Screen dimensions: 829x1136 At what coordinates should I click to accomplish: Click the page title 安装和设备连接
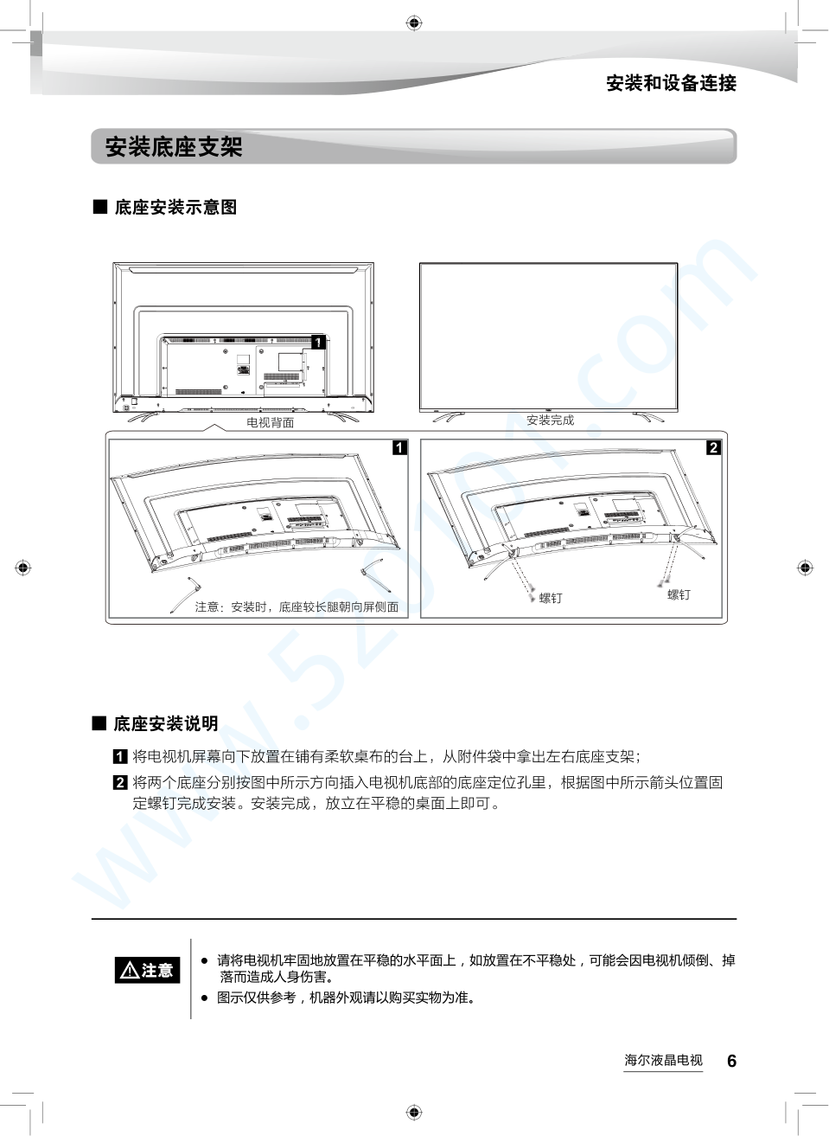coord(671,83)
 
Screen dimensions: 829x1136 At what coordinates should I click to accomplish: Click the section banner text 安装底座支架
coord(174,146)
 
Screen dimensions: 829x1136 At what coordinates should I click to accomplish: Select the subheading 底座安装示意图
coord(175,207)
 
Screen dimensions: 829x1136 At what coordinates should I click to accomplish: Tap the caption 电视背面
coord(270,422)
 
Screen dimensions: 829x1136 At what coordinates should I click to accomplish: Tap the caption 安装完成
coord(550,420)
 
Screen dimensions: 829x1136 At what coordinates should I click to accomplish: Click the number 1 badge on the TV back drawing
coord(318,343)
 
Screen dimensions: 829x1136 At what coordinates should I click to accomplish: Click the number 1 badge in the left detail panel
coord(400,447)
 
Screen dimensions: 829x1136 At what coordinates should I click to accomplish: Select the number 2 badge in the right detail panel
coord(713,447)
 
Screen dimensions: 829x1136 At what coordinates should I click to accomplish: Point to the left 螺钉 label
coord(551,598)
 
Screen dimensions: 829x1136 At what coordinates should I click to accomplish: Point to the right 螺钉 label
coord(679,595)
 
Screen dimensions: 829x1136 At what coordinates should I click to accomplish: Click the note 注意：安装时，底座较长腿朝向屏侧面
coord(297,607)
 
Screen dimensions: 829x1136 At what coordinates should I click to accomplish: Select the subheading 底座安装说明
coord(165,723)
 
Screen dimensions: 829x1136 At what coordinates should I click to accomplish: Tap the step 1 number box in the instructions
coord(119,757)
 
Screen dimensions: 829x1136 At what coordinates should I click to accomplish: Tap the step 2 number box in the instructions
coord(119,782)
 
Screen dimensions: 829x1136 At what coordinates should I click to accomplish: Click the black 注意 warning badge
coord(147,970)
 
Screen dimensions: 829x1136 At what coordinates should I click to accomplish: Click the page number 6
coord(731,1061)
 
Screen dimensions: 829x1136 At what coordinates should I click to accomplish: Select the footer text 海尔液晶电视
coord(663,1060)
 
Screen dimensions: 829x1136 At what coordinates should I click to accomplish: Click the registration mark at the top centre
coord(414,22)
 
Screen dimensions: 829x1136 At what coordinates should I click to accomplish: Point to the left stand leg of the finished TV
coord(449,417)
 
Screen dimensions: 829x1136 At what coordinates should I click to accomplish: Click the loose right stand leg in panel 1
coord(377,574)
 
